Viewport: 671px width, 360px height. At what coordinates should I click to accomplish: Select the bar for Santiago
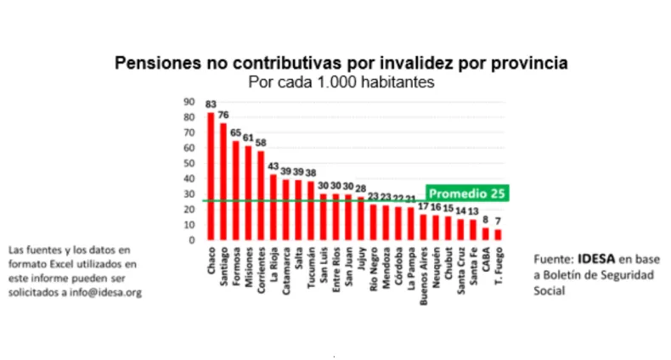223,182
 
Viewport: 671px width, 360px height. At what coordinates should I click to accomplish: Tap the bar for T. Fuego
498,234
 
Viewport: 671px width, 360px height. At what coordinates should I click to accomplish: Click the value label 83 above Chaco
211,104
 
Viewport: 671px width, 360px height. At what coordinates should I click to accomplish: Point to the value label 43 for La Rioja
273,166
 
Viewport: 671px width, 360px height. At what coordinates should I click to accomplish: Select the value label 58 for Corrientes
261,143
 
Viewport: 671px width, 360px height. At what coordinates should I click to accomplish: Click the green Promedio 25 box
466,194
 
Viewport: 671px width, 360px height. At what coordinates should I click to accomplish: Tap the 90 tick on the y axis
190,102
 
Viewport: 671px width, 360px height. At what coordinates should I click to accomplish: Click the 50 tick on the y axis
190,163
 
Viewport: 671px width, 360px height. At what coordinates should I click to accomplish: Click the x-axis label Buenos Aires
423,274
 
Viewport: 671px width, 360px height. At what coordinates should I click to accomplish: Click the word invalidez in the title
379,63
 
